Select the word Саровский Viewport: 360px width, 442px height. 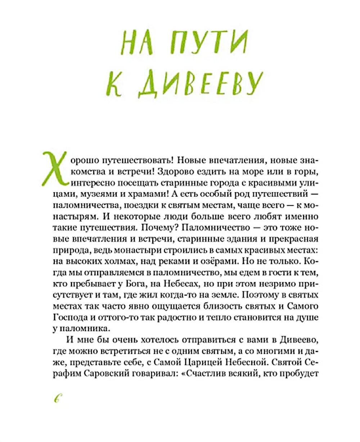click(x=112, y=373)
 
